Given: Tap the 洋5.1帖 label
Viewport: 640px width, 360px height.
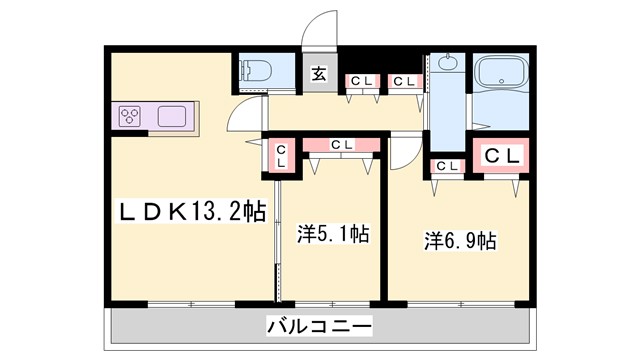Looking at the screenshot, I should pyautogui.click(x=333, y=235).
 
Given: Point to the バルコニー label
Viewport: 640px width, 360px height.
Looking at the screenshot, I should pyautogui.click(x=320, y=326).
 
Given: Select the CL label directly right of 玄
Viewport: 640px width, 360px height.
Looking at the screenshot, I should pyautogui.click(x=360, y=81).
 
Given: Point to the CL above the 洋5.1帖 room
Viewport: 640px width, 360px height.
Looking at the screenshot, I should pyautogui.click(x=341, y=144).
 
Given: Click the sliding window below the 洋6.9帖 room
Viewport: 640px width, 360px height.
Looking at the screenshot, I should pyautogui.click(x=462, y=300).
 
